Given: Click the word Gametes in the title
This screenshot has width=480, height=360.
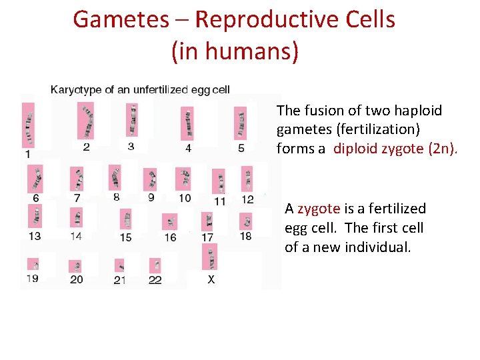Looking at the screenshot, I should click(x=120, y=19).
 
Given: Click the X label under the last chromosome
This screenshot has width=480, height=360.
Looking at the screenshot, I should click(x=211, y=280).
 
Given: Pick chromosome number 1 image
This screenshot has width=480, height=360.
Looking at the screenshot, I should click(x=28, y=125).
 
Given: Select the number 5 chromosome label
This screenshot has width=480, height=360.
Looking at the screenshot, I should click(x=241, y=148).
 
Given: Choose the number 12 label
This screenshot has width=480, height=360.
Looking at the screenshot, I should click(x=247, y=199).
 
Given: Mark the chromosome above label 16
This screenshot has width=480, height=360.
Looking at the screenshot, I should click(x=171, y=222).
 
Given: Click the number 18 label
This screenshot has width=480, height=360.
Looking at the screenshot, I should click(x=245, y=236).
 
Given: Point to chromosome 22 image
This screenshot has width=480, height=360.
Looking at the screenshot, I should click(x=155, y=266).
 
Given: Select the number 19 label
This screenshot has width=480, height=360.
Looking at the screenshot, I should click(x=32, y=279).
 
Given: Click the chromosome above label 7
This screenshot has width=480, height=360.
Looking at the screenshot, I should click(x=78, y=179).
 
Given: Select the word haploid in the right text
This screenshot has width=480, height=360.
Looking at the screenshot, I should click(x=418, y=111).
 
